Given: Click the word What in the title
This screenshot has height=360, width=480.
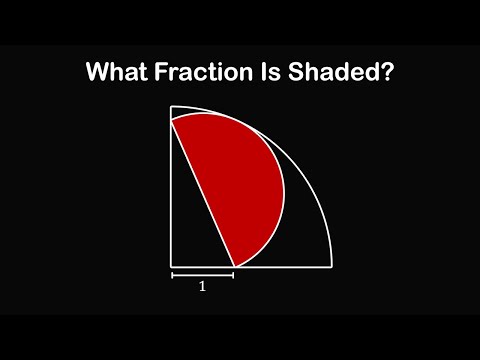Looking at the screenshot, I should point(116,73).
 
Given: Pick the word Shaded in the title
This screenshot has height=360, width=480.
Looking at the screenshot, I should point(332,73).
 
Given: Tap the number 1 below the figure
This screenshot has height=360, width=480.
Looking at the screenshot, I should point(202,285).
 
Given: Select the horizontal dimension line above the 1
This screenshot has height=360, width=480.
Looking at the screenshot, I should point(202,273).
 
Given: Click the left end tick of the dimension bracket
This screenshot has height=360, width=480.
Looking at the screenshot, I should point(172,273).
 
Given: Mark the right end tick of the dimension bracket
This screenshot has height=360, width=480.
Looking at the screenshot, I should point(233,273).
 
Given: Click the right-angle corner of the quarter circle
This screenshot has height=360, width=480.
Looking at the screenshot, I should point(172,266).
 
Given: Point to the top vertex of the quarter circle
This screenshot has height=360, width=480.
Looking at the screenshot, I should point(172,106).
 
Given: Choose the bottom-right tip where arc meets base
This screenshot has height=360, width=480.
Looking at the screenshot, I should point(331,266).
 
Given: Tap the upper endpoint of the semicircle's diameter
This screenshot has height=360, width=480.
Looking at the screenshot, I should point(172,120).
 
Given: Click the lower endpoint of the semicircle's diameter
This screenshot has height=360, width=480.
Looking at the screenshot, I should point(234,266).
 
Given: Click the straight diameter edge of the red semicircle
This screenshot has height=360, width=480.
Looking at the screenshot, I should point(203,193).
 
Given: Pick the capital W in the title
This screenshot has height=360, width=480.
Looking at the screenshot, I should point(97,73).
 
